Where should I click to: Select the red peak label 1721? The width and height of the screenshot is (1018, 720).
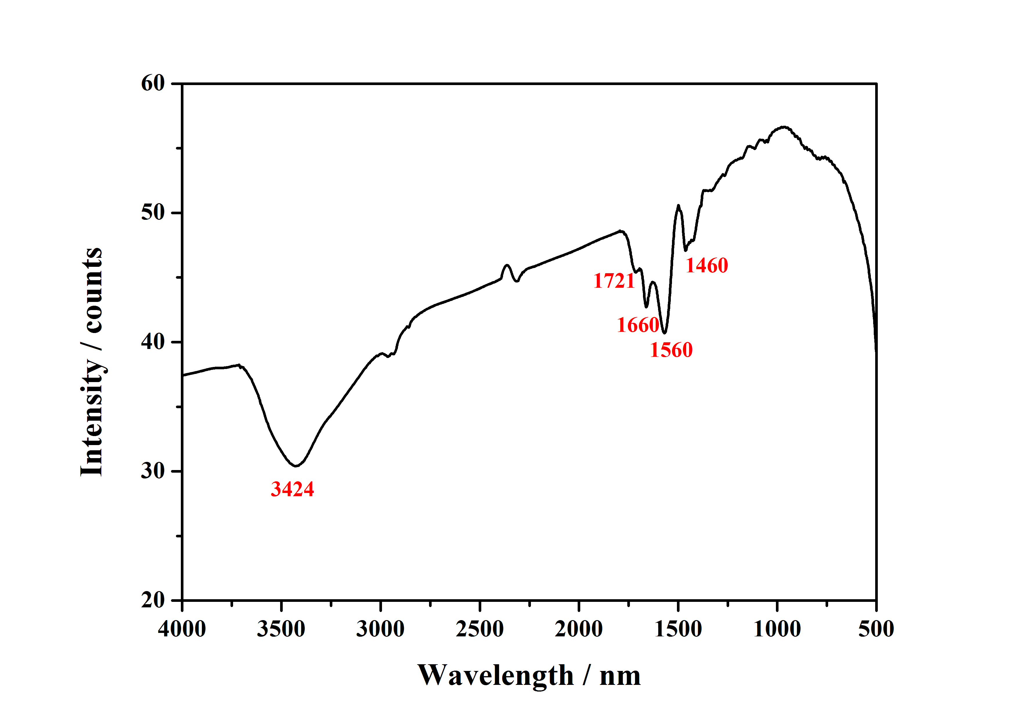pyautogui.click(x=614, y=281)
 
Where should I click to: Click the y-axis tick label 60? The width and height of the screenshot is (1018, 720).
pyautogui.click(x=153, y=83)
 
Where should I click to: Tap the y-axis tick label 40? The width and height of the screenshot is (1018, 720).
pyautogui.click(x=153, y=342)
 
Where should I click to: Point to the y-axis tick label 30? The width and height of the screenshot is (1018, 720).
pyautogui.click(x=153, y=471)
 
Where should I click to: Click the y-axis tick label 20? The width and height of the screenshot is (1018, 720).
pyautogui.click(x=153, y=600)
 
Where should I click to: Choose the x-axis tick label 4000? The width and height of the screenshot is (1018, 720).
pyautogui.click(x=182, y=629)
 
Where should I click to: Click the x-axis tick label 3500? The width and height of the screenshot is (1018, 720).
pyautogui.click(x=281, y=629)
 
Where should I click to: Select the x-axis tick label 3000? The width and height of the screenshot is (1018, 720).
pyautogui.click(x=381, y=629)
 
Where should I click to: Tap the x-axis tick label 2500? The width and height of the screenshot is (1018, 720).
pyautogui.click(x=480, y=629)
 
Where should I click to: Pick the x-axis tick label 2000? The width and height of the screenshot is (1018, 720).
pyautogui.click(x=579, y=629)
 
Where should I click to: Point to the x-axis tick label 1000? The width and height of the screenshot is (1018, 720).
pyautogui.click(x=777, y=629)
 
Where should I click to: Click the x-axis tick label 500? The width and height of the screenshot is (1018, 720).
pyautogui.click(x=876, y=629)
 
